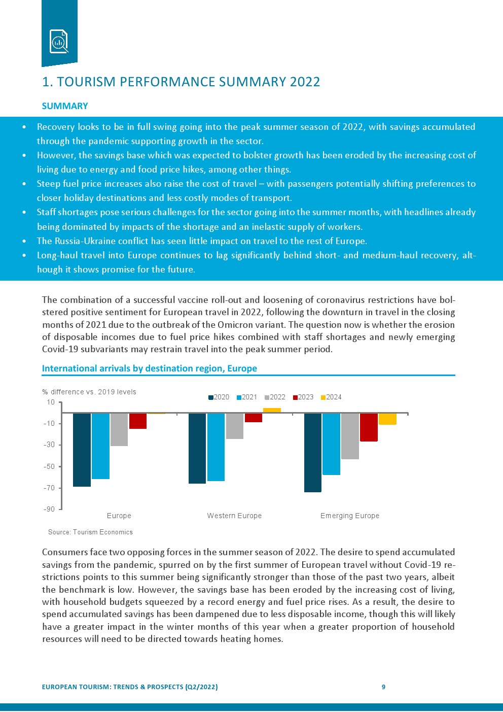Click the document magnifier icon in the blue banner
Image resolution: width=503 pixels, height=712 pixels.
tap(59, 41)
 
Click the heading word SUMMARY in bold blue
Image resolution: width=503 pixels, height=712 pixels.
tap(65, 106)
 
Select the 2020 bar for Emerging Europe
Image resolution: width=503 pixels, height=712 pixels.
tap(312, 452)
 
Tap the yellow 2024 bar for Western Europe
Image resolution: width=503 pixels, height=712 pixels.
tap(272, 410)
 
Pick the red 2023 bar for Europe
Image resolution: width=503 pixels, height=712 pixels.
tap(138, 421)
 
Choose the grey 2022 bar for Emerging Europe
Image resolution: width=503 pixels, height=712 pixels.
tap(350, 436)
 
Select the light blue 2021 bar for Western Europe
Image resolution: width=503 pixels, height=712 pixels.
tap(216, 447)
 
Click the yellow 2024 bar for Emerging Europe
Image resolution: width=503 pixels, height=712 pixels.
tap(387, 419)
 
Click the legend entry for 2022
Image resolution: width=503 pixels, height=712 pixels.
tap(275, 397)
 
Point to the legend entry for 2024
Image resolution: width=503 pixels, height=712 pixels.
tap(331, 397)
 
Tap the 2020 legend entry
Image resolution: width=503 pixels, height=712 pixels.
tap(219, 397)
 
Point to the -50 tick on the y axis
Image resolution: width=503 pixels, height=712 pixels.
tap(49, 466)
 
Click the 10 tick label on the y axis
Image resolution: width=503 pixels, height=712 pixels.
tap(51, 402)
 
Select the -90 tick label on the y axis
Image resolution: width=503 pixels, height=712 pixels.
tap(49, 509)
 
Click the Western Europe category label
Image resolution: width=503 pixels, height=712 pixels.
tap(234, 516)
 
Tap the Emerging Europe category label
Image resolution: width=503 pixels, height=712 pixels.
tap(350, 516)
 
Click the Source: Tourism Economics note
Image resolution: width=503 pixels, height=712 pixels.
tap(90, 532)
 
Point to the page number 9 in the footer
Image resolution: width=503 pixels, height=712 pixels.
tap(383, 687)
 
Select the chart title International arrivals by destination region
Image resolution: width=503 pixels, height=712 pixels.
tap(149, 368)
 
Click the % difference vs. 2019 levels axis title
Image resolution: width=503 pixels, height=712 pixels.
tap(89, 392)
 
